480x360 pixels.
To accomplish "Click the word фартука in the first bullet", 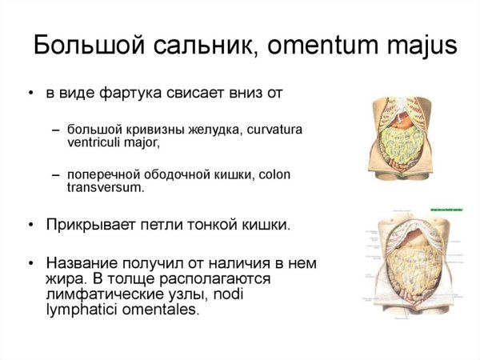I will click(140, 94).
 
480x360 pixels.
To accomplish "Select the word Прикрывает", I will click(86, 225).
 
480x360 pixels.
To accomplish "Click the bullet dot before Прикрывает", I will click(30, 226).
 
